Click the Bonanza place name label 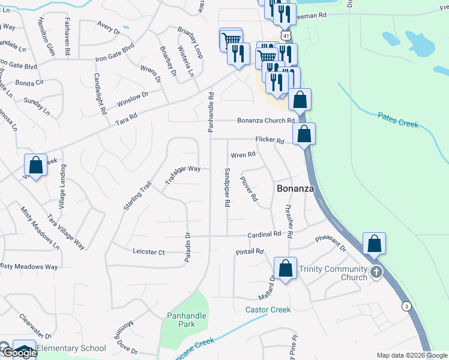[295, 188]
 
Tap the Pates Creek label [397, 119]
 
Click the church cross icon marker [376, 271]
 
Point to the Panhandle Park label [187, 320]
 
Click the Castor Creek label [268, 310]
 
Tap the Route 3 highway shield [407, 307]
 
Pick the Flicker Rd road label [270, 140]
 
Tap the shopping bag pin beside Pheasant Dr [374, 244]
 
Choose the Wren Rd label [243, 155]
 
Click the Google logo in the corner [19, 353]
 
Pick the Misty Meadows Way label [29, 266]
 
